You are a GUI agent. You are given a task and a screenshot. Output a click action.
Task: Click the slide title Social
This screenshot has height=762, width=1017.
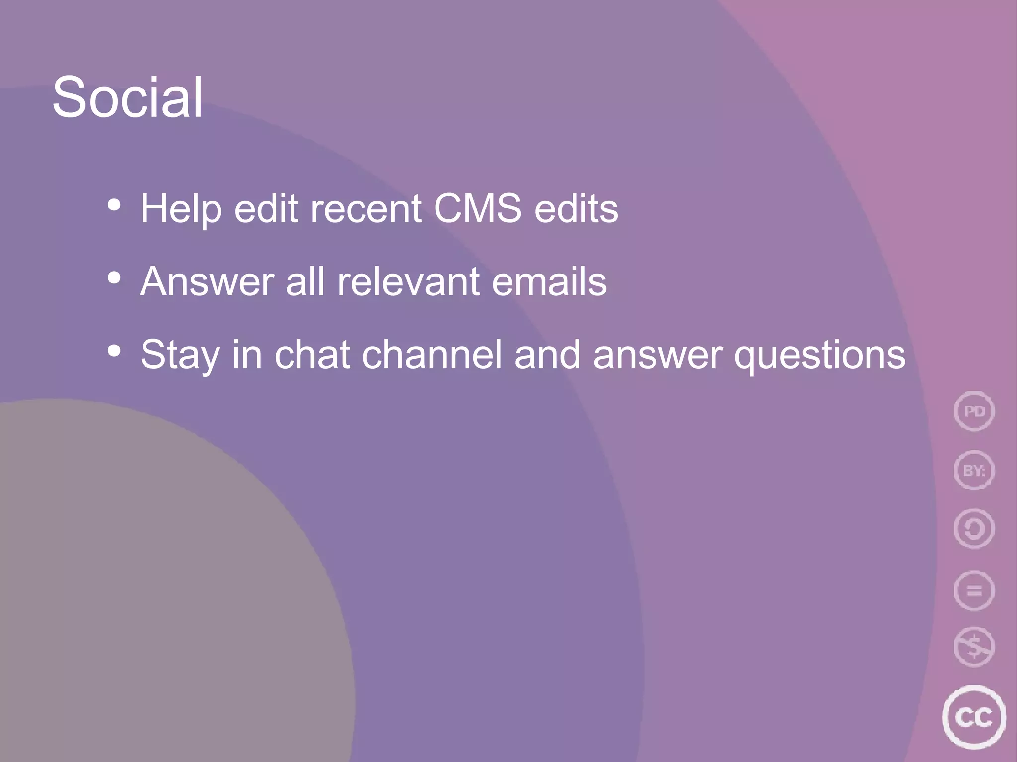click(128, 98)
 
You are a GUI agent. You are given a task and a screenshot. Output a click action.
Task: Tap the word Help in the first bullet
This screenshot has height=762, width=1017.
click(181, 209)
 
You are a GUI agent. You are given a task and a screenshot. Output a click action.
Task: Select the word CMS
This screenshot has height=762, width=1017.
click(478, 208)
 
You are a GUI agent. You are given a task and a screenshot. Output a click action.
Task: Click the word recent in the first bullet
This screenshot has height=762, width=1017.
click(366, 209)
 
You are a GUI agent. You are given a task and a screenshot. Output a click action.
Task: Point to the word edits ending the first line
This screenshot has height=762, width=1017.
click(576, 209)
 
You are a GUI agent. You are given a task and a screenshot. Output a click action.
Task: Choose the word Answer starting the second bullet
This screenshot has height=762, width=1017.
click(207, 281)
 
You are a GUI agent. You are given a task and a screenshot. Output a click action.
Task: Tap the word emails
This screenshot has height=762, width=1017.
click(549, 281)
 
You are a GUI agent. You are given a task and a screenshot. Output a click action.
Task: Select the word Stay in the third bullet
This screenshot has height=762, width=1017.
click(180, 355)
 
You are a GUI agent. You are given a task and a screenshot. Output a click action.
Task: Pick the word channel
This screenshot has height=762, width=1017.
click(432, 354)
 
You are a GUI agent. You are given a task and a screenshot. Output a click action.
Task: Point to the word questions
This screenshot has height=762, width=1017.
click(820, 355)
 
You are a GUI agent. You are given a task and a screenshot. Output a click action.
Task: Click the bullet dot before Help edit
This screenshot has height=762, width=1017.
click(114, 205)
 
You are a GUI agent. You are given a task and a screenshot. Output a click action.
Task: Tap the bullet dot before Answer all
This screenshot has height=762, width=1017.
click(114, 278)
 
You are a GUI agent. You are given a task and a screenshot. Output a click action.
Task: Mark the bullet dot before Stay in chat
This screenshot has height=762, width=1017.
click(114, 351)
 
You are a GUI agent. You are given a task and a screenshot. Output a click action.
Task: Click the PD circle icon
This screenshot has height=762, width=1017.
click(974, 411)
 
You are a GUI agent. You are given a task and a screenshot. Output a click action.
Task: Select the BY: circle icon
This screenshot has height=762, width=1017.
click(974, 470)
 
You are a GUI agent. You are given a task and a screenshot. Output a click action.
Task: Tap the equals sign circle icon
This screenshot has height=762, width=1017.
click(974, 591)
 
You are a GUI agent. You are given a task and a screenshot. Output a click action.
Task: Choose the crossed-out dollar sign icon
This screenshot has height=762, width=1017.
click(974, 647)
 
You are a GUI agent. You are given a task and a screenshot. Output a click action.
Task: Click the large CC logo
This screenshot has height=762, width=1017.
click(973, 717)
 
